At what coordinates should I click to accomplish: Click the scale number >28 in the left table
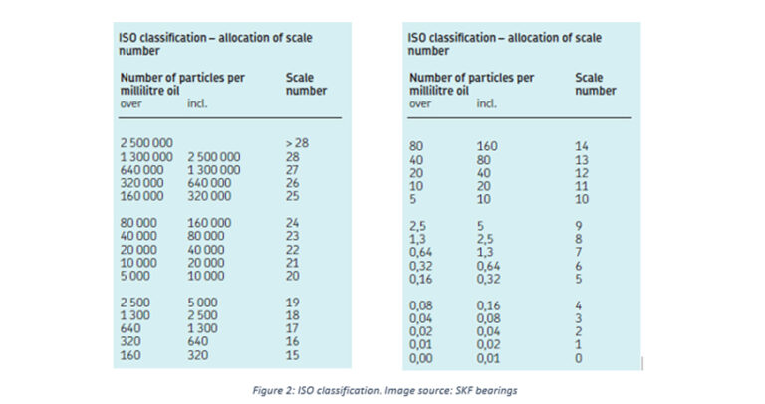297,144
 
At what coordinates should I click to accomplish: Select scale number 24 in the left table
293,222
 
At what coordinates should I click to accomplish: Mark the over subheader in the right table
420,103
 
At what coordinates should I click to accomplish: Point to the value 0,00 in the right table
422,358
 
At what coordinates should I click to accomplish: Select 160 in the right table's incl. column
489,145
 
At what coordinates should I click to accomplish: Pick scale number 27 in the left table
293,170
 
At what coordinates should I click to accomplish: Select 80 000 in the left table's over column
140,222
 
